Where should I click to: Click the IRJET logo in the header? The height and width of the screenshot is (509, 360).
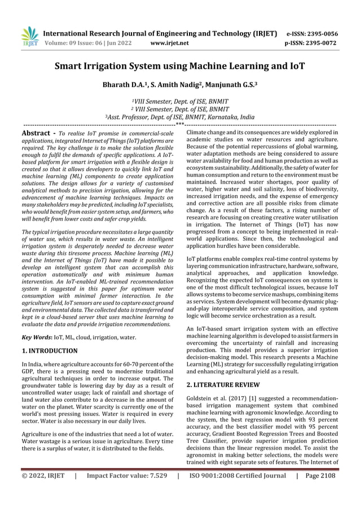[x=29, y=36]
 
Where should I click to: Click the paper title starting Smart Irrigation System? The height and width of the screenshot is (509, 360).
[x=179, y=67]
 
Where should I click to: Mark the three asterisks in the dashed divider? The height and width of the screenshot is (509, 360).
[x=179, y=125]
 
